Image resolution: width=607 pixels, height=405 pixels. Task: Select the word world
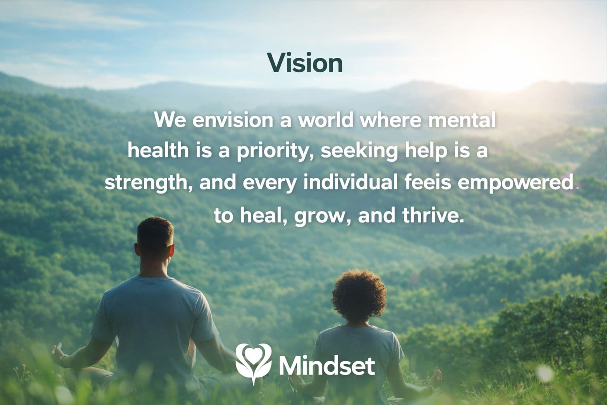[325, 120]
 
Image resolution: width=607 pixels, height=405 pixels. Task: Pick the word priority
[272, 151]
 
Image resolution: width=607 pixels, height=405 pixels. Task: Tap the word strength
[148, 183]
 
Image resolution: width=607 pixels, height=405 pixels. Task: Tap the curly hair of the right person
[359, 293]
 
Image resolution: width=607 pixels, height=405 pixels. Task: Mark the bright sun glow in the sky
[514, 63]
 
